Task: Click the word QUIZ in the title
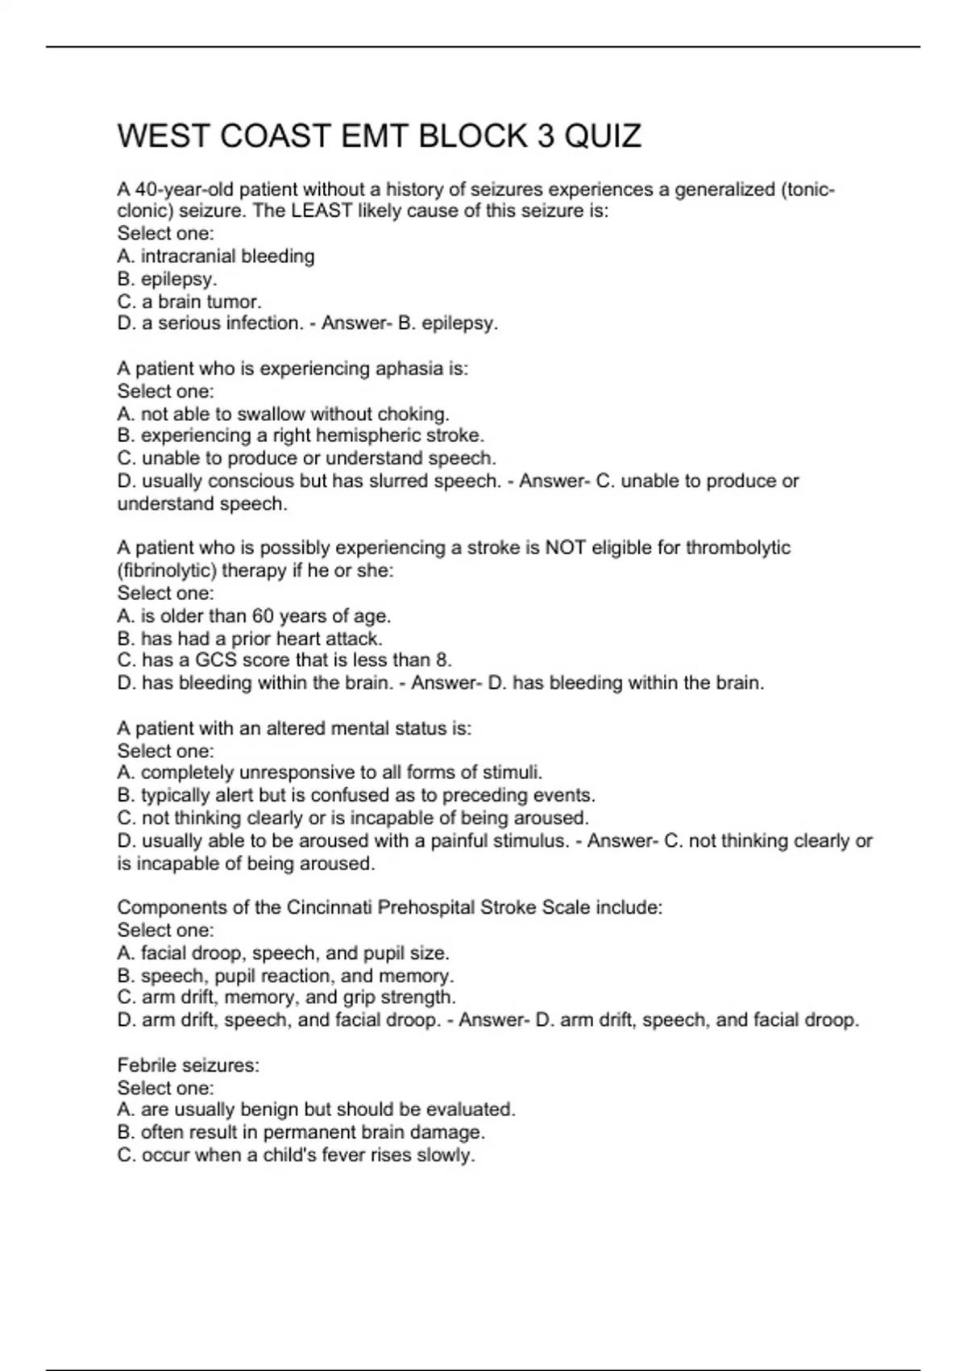603,136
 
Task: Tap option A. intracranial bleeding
216,256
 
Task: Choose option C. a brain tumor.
189,302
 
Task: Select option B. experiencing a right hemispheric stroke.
301,435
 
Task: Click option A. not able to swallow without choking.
283,414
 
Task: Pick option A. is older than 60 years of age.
254,616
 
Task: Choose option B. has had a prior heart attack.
250,639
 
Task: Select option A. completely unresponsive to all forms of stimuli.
330,773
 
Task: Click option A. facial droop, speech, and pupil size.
283,953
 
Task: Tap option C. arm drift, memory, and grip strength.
286,998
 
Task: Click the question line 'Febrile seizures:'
189,1065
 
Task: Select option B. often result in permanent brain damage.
301,1132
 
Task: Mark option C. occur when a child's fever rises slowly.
296,1155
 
